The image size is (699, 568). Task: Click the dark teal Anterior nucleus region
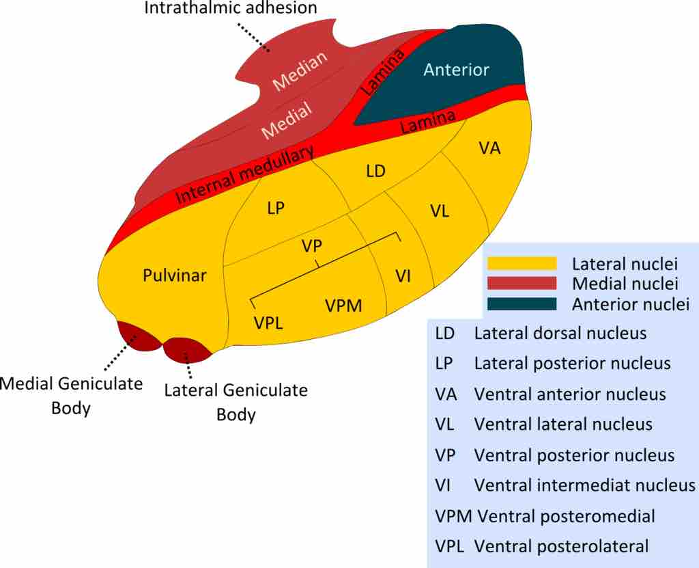(456, 70)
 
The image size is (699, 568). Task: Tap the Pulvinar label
(175, 275)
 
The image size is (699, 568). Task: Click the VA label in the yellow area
(490, 148)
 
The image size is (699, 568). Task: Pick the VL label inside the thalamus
(440, 211)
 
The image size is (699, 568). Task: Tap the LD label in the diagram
(376, 172)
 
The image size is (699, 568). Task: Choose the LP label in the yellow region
(276, 210)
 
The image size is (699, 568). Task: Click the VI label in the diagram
(403, 275)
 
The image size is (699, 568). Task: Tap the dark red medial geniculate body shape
(139, 338)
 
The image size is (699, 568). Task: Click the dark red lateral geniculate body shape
(187, 350)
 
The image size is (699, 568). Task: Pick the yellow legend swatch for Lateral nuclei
(520, 263)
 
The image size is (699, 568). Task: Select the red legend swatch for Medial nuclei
(520, 283)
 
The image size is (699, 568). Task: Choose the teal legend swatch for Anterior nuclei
(520, 303)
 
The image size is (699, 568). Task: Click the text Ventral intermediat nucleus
(584, 485)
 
